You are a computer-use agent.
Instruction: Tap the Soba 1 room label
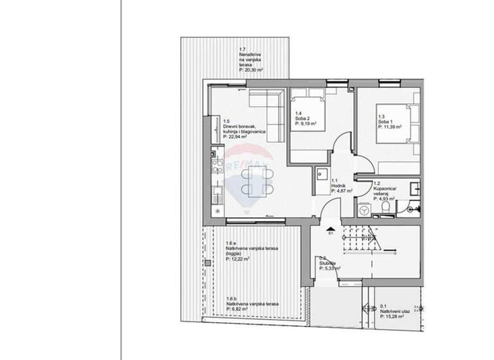point(385,122)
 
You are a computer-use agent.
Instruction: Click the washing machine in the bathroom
point(365,209)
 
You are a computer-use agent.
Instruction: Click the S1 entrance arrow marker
point(331,229)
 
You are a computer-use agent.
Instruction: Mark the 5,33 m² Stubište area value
point(330,269)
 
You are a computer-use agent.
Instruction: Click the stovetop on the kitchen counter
point(217,163)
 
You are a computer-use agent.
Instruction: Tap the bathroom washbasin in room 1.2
point(415,187)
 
